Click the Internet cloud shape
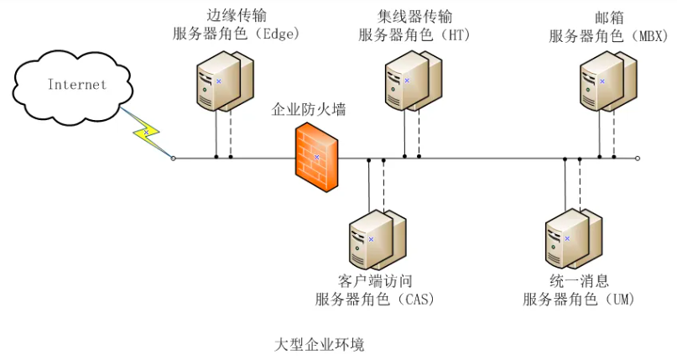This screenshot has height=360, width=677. (x=72, y=87)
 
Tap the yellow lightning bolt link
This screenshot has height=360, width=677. (x=146, y=133)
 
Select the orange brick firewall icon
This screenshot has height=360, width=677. (x=316, y=158)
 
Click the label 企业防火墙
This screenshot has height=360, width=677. (x=308, y=110)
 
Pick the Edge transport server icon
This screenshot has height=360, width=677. (x=225, y=81)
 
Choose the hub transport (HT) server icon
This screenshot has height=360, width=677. (x=414, y=81)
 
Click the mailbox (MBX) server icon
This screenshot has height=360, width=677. (x=608, y=81)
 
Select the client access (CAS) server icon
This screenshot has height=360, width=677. (x=378, y=240)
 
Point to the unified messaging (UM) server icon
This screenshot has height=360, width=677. (x=573, y=239)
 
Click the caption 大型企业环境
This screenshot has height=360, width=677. (x=320, y=345)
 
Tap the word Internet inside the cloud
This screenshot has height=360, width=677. (x=77, y=84)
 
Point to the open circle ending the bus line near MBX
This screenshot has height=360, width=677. (x=638, y=159)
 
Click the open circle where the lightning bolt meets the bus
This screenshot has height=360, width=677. (x=173, y=159)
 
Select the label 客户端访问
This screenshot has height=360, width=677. (x=375, y=281)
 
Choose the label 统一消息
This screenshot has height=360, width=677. (x=580, y=281)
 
